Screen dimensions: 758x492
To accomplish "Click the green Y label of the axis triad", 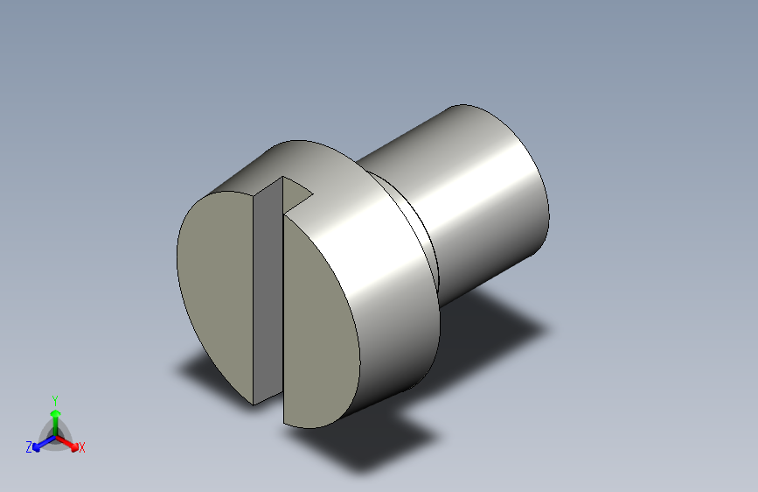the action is (55, 401).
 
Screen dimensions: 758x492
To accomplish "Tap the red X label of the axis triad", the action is (81, 447).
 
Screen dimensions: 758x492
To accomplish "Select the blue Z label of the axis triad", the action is (29, 447).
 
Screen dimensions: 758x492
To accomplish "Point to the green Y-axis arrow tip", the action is (56, 413).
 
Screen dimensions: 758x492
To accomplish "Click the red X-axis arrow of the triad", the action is (66, 443).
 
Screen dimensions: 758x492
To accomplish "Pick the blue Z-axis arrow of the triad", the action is (45, 443).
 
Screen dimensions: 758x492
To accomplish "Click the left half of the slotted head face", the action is (215, 291).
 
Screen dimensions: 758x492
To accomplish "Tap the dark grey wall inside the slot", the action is (268, 291).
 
